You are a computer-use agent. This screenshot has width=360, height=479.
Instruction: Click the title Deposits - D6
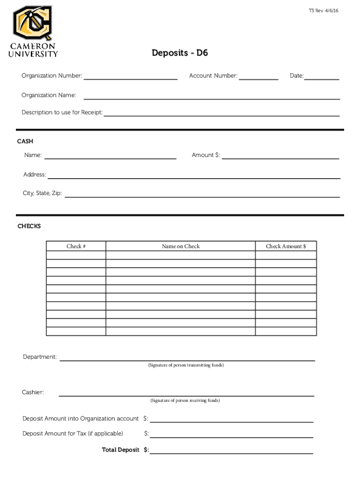pos(180,53)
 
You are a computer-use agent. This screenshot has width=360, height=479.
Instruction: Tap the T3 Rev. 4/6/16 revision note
pos(324,10)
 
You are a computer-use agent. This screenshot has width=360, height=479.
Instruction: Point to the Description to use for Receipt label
pos(62,113)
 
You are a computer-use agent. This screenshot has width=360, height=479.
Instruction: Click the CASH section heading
pos(25,141)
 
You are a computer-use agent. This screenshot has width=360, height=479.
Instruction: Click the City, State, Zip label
pos(43,193)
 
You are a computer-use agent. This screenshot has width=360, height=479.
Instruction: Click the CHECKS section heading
pos(29,226)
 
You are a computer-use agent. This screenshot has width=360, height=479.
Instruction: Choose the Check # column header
pos(76,247)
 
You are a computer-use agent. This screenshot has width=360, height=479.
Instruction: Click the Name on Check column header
pos(180,247)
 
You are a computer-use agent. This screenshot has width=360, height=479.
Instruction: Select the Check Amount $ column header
pos(286,247)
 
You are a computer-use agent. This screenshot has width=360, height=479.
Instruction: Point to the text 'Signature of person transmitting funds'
pos(186,365)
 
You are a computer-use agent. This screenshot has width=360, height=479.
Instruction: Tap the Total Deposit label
pos(121,450)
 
